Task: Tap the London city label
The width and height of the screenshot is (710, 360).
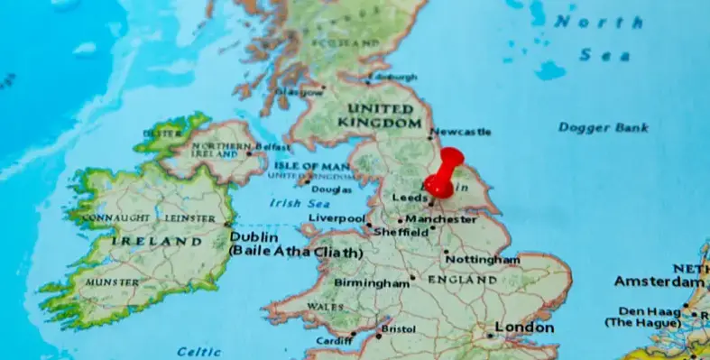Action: (524, 328)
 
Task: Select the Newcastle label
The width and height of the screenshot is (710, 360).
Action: (461, 132)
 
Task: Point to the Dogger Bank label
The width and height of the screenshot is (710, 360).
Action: (604, 127)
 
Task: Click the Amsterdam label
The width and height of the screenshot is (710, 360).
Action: (658, 282)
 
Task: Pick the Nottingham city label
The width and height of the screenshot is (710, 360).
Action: (483, 260)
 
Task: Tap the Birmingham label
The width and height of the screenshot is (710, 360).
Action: (372, 282)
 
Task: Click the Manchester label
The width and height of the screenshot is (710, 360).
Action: (440, 219)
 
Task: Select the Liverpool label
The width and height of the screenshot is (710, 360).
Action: (336, 218)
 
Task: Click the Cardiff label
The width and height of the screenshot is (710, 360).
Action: (334, 340)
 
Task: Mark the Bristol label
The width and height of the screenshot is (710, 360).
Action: (399, 329)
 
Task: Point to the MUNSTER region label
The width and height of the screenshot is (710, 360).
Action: (112, 282)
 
